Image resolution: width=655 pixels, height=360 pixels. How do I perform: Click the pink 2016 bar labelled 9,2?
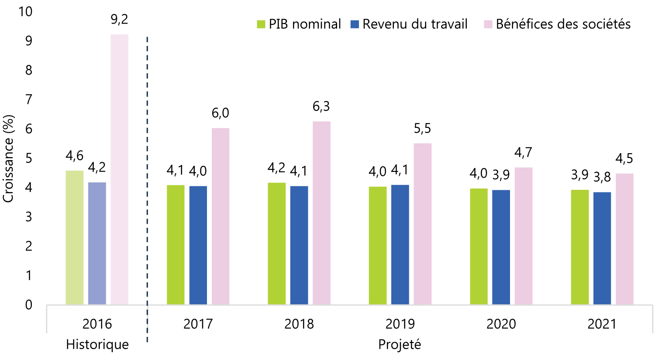(119, 169)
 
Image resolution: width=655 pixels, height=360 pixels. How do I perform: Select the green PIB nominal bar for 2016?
(75, 237)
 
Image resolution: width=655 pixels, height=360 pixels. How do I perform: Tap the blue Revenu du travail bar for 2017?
(198, 245)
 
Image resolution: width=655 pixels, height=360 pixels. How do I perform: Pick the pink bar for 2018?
(322, 213)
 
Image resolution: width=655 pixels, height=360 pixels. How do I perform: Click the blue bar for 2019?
(400, 245)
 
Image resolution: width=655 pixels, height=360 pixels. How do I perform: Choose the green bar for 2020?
(479, 247)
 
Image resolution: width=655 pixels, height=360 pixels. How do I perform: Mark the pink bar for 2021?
(624, 239)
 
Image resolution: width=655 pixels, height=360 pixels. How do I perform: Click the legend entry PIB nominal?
(299, 24)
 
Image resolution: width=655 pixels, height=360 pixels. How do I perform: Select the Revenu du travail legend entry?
(409, 24)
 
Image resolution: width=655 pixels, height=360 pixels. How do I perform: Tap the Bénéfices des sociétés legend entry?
(557, 24)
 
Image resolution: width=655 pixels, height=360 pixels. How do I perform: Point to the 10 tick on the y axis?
(25, 12)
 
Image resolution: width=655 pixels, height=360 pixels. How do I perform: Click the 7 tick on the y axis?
(29, 100)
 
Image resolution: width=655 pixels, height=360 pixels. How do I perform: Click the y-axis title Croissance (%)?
(8, 159)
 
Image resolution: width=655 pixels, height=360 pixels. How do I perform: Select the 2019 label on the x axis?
(400, 324)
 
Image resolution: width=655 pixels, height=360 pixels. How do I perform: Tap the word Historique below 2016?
(97, 345)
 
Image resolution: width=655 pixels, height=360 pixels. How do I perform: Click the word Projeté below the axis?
(400, 345)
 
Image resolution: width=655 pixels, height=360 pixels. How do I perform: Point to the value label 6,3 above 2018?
(321, 106)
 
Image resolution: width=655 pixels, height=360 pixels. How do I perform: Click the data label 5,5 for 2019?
(423, 128)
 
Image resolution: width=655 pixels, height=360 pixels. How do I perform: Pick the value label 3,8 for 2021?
(602, 177)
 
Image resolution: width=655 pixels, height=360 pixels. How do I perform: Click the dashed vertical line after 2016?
(147, 189)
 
